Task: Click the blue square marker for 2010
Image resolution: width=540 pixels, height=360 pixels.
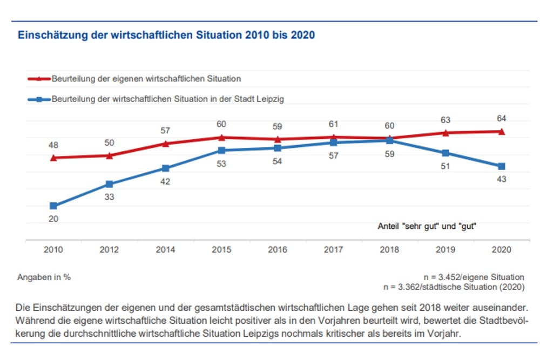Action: pyautogui.click(x=53, y=206)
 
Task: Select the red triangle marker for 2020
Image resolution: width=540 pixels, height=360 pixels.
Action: pyautogui.click(x=501, y=131)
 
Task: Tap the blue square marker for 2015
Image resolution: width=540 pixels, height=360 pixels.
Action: pyautogui.click(x=221, y=150)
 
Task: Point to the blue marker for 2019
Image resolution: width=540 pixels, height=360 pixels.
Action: pyautogui.click(x=446, y=153)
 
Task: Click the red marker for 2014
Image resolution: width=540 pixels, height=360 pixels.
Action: pyautogui.click(x=165, y=144)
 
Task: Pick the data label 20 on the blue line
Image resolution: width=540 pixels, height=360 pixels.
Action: pyautogui.click(x=53, y=219)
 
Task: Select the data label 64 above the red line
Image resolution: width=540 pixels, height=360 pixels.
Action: pyautogui.click(x=501, y=118)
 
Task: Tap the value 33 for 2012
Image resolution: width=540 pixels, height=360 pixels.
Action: pyautogui.click(x=110, y=197)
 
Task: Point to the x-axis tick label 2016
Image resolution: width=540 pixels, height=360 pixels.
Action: pyautogui.click(x=278, y=250)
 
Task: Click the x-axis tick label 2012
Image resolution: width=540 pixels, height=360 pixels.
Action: pyautogui.click(x=110, y=250)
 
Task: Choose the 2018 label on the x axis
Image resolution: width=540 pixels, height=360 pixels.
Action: pyautogui.click(x=389, y=250)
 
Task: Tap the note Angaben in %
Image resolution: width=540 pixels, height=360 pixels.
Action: pyautogui.click(x=44, y=277)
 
